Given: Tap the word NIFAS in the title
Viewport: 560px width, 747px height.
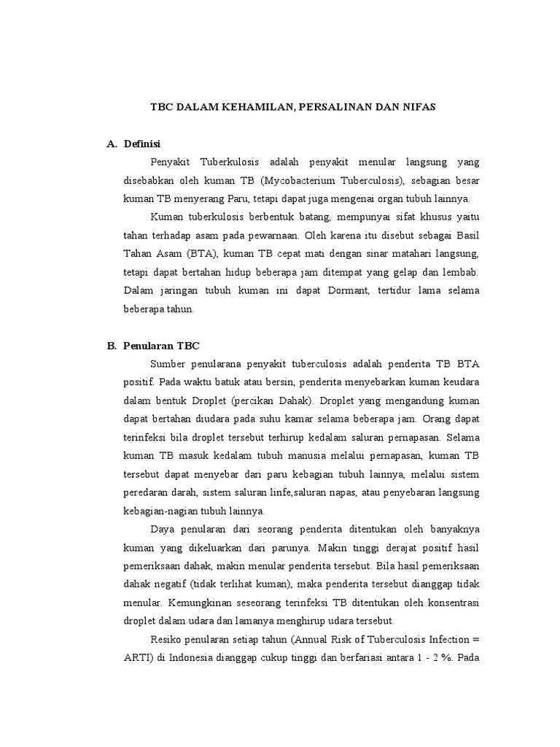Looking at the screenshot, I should [416, 107].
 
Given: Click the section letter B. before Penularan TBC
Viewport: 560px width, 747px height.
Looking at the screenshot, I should [112, 346].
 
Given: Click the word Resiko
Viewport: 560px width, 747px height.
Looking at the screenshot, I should [166, 640].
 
